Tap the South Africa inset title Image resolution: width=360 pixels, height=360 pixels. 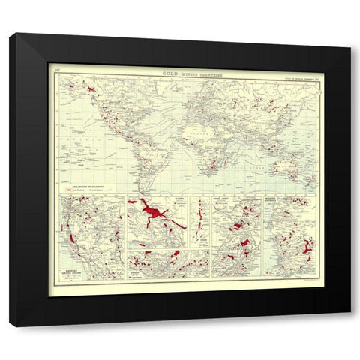tap(232, 200)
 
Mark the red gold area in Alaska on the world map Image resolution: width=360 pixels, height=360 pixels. tap(90, 89)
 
